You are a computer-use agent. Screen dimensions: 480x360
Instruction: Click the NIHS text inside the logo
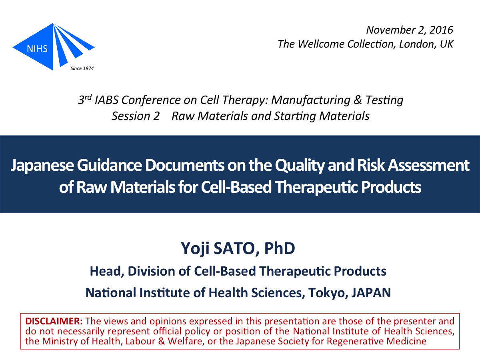[x=37, y=49]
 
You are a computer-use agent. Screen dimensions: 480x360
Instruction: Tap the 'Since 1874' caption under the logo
[x=82, y=68]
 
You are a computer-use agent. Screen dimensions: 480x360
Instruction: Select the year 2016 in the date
[x=441, y=30]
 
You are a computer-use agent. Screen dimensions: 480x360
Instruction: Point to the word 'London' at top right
[x=415, y=44]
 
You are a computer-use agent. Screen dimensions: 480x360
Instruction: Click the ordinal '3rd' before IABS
[x=85, y=100]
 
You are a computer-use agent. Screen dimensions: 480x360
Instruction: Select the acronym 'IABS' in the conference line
[x=106, y=100]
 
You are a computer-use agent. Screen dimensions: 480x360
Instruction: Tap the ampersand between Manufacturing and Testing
[x=358, y=100]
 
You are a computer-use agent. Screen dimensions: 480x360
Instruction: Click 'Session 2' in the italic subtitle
[x=136, y=116]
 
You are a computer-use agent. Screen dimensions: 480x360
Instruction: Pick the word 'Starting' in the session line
[x=294, y=116]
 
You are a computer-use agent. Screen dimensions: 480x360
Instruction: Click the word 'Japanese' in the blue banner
[x=42, y=166]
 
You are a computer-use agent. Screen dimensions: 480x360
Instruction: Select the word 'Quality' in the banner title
[x=300, y=166]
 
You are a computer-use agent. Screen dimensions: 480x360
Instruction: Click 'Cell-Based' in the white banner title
[x=236, y=187]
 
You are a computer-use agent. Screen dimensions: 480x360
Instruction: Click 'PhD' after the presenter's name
[x=280, y=248]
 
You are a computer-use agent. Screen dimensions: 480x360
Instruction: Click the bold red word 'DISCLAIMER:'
[x=54, y=321]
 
